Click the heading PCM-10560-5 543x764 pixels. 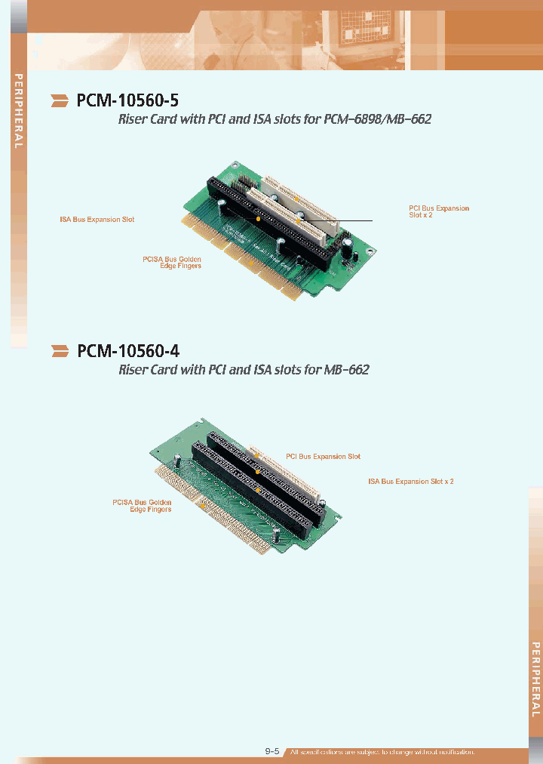point(127,100)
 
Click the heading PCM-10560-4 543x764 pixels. point(128,350)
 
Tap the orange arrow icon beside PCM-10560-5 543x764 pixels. point(60,100)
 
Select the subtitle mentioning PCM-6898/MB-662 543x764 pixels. point(275,119)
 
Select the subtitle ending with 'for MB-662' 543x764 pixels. point(244,370)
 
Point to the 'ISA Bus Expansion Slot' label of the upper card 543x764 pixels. point(97,220)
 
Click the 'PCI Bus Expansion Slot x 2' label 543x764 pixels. point(438,212)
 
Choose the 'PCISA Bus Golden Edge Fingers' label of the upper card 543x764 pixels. point(172,263)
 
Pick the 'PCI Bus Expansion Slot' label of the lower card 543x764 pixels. point(323,457)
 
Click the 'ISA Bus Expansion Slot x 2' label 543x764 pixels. point(410,481)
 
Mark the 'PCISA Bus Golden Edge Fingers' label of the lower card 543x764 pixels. point(142,506)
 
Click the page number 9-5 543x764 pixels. point(272,751)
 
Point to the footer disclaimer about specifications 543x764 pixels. point(382,752)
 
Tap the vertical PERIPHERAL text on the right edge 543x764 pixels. point(535,679)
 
